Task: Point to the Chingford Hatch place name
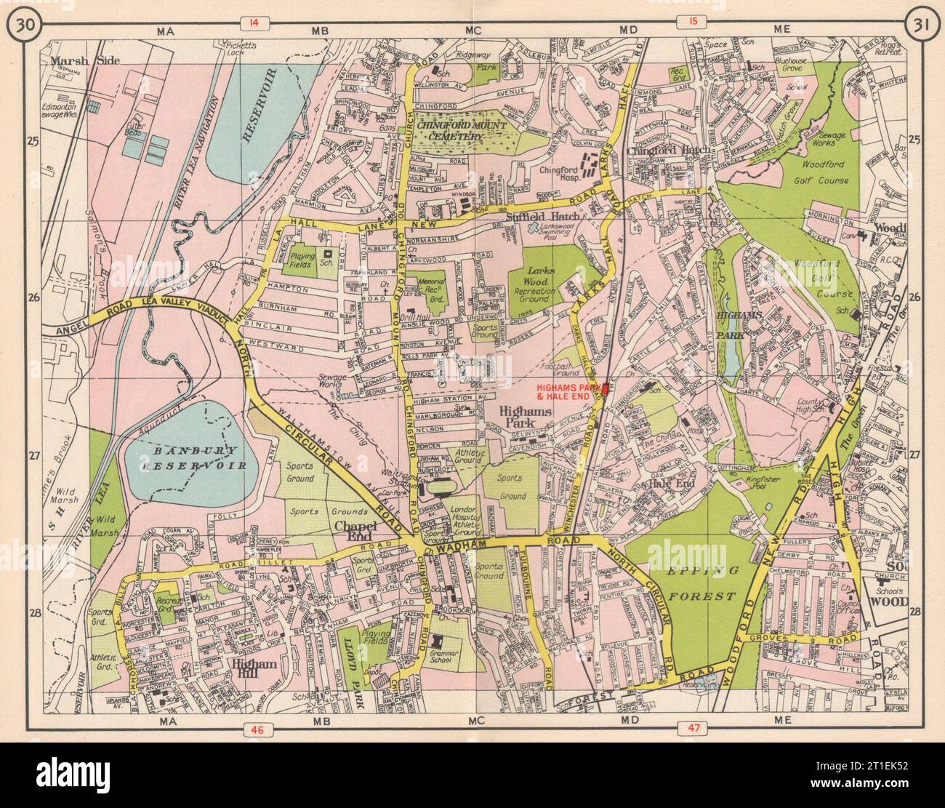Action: [x=659, y=150]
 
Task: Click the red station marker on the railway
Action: [x=605, y=391]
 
